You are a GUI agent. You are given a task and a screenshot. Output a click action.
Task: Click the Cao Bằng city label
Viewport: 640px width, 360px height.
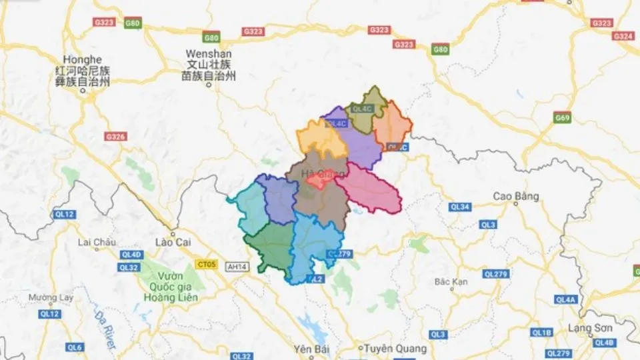pos(516,196)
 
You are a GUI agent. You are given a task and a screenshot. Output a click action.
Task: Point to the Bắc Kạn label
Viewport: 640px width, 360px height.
pos(451,281)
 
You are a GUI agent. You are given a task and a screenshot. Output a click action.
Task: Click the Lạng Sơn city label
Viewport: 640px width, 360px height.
pos(590,328)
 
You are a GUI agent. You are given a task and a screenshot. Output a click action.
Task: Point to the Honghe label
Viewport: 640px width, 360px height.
pos(82,59)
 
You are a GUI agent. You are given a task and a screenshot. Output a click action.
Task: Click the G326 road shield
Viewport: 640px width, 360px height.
pos(115,137)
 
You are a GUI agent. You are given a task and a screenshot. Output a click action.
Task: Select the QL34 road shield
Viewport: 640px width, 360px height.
pos(460,207)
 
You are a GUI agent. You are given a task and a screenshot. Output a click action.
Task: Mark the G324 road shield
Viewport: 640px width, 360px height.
pos(623,36)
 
